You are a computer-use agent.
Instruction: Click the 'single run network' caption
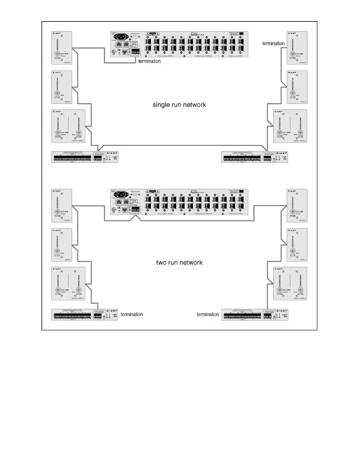[179, 105]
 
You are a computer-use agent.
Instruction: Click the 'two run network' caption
[179, 262]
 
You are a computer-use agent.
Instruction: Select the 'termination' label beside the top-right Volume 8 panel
[273, 44]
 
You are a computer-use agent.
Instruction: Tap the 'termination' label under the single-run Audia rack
[149, 61]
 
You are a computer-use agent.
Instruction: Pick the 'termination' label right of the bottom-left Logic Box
[131, 314]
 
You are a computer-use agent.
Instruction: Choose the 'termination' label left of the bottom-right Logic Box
[208, 314]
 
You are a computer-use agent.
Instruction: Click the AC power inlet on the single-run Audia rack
[121, 37]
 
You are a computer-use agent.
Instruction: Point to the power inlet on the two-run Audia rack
[121, 194]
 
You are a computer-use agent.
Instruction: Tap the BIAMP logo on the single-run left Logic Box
[112, 153]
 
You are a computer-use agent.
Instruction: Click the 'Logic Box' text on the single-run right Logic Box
[284, 158]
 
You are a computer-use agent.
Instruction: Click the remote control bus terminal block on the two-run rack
[136, 209]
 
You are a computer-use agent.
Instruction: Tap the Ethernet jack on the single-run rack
[125, 51]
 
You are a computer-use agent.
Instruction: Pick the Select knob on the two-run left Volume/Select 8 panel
[78, 290]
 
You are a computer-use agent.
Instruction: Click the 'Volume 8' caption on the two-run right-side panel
[302, 220]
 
